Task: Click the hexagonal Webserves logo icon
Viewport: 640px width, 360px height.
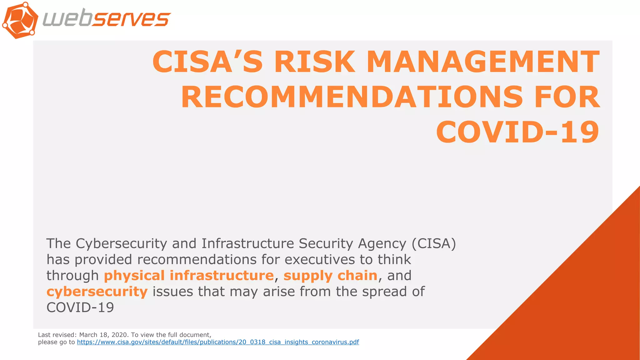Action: [20, 20]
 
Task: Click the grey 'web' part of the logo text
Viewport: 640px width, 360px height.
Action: [67, 19]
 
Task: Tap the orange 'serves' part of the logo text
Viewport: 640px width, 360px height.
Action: [131, 19]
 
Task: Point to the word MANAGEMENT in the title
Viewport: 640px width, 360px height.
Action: [483, 62]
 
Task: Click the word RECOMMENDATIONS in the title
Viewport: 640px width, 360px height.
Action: [352, 97]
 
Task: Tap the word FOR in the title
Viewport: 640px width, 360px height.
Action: [567, 97]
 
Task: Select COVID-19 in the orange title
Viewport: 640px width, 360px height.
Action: [517, 132]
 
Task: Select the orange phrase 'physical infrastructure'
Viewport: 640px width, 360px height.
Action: [189, 276]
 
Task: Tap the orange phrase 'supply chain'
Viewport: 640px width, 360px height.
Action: [330, 276]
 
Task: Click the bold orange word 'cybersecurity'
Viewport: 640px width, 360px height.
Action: [97, 292]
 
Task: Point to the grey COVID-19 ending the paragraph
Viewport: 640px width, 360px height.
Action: [80, 307]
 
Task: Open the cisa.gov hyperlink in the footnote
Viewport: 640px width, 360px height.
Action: [218, 342]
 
